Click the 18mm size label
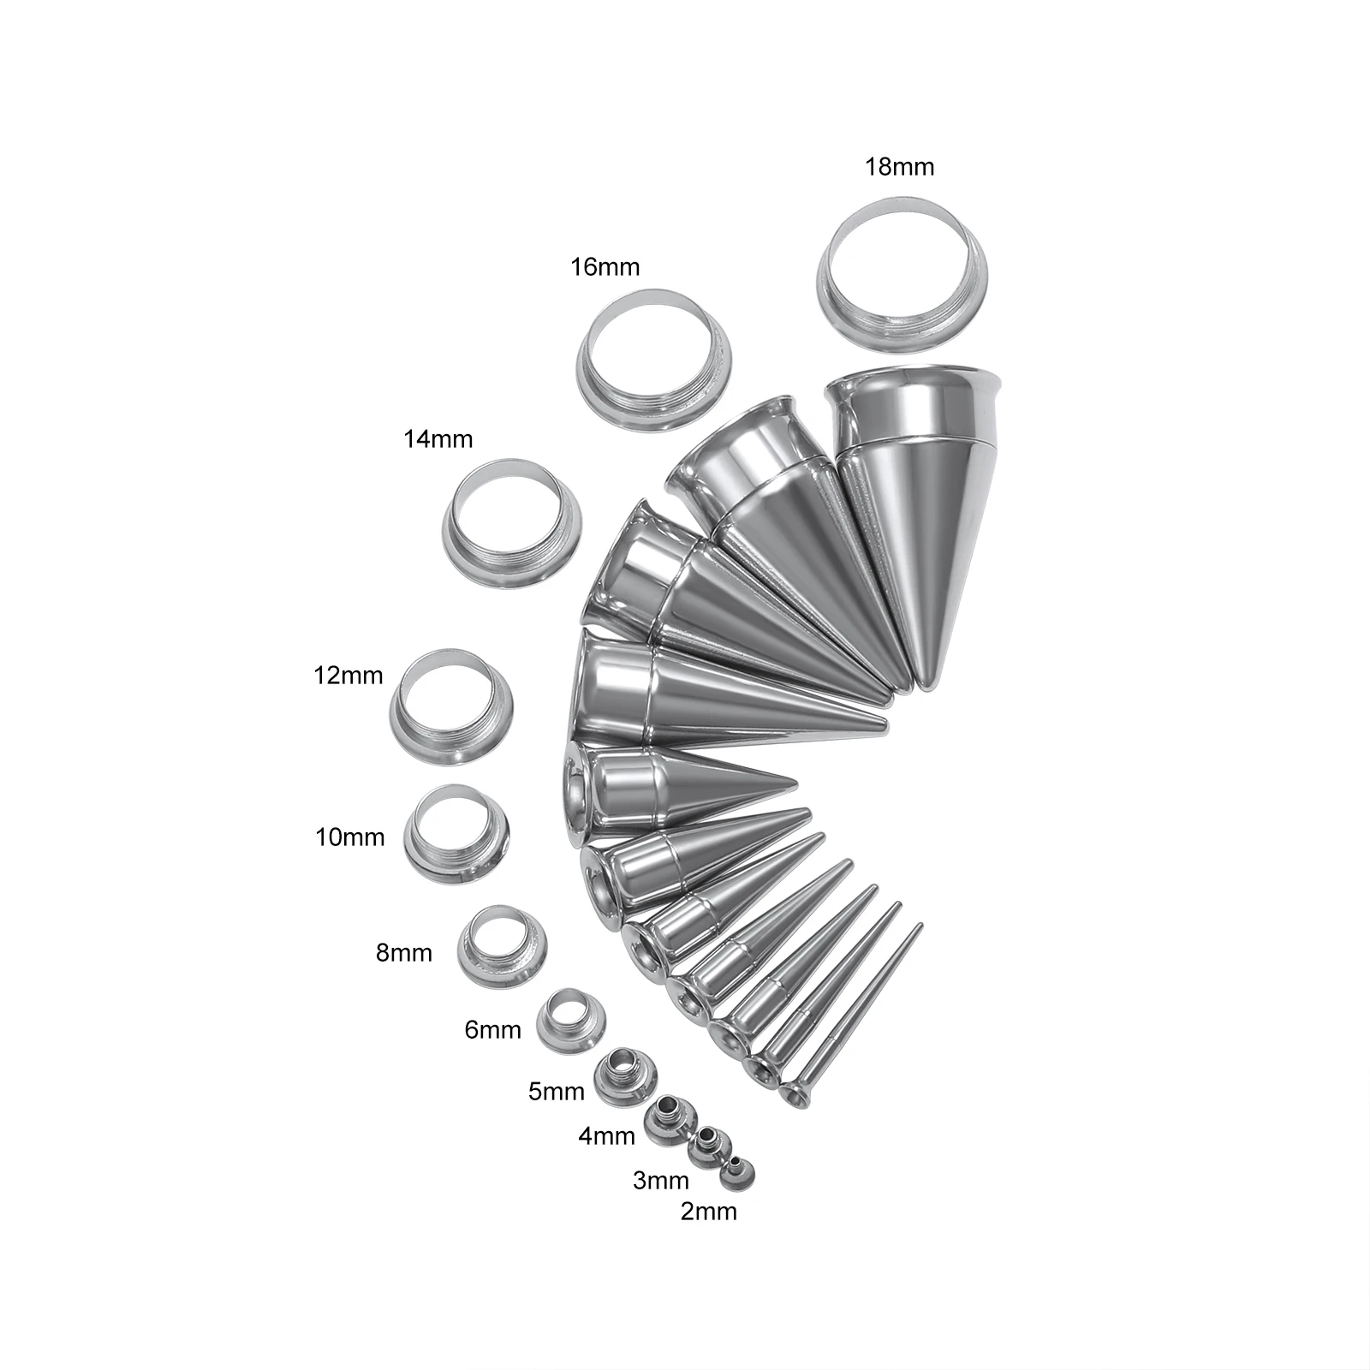899,166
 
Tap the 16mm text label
605,267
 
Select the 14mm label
438,439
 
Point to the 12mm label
348,676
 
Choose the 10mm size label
350,837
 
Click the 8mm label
404,952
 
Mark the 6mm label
492,1029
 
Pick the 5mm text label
557,1092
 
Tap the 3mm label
661,1181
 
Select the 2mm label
709,1212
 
